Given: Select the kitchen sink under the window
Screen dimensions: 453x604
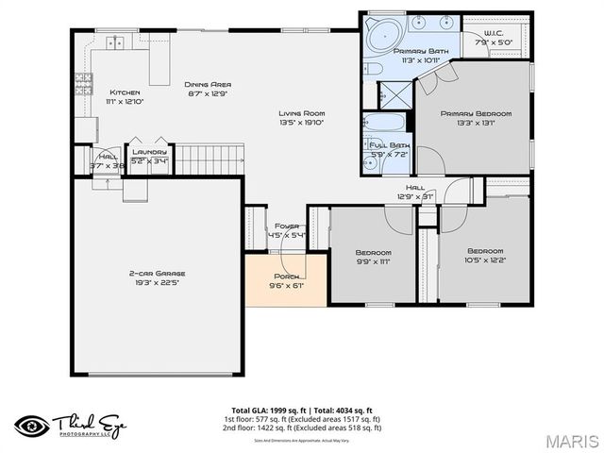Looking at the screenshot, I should [116, 42].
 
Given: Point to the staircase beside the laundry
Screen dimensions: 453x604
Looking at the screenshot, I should [205, 159].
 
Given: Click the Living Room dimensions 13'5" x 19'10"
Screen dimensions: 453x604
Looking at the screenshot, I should [301, 122].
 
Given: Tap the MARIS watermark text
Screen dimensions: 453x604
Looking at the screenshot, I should [572, 441].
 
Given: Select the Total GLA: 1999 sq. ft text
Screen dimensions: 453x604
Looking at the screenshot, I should [263, 411].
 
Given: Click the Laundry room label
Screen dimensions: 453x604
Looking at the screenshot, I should [149, 152].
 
